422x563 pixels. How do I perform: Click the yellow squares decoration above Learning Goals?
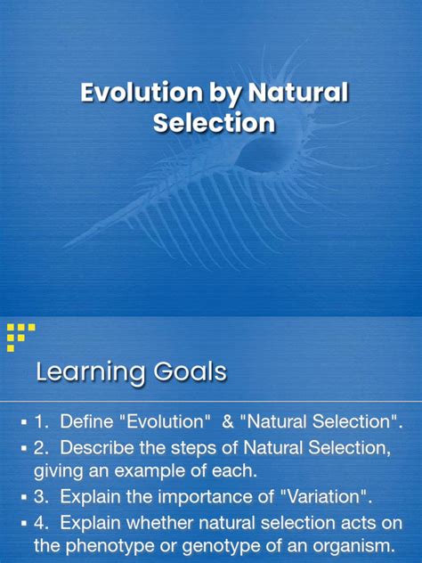click(19, 336)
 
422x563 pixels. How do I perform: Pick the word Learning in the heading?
click(86, 371)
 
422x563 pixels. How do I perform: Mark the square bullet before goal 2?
click(25, 445)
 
